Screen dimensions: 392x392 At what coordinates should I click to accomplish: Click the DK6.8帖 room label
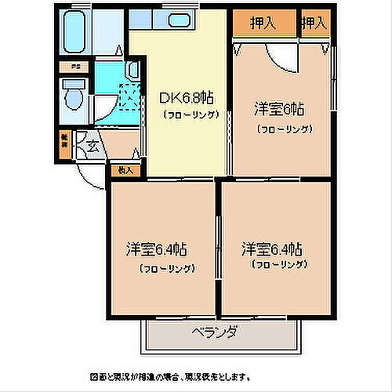point(187,99)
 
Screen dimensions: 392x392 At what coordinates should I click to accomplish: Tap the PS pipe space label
point(76,67)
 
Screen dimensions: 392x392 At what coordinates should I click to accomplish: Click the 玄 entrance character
point(93,145)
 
